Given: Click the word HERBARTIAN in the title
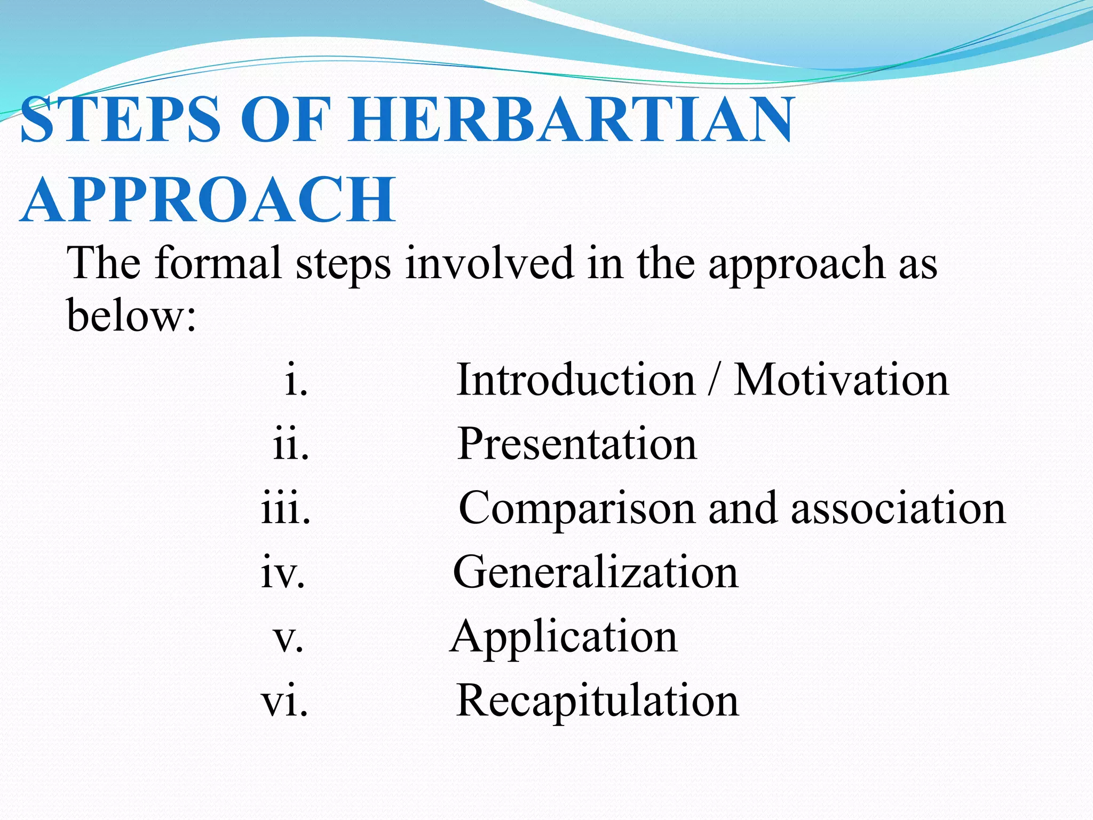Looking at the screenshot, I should (x=571, y=120).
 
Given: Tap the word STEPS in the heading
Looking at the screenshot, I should (x=121, y=120).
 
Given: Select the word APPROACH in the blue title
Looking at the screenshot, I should (x=208, y=200).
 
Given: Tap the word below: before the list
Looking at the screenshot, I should (x=131, y=315).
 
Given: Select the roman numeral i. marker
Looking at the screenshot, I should (x=296, y=380).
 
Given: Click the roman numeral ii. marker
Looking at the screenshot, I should (x=291, y=444).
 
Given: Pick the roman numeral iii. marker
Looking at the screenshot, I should (x=286, y=508).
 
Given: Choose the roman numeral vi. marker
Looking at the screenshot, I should (x=284, y=700).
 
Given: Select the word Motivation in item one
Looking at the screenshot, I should (x=841, y=380).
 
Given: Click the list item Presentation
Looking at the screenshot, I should (x=577, y=444).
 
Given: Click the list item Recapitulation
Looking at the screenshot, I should (x=598, y=700).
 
